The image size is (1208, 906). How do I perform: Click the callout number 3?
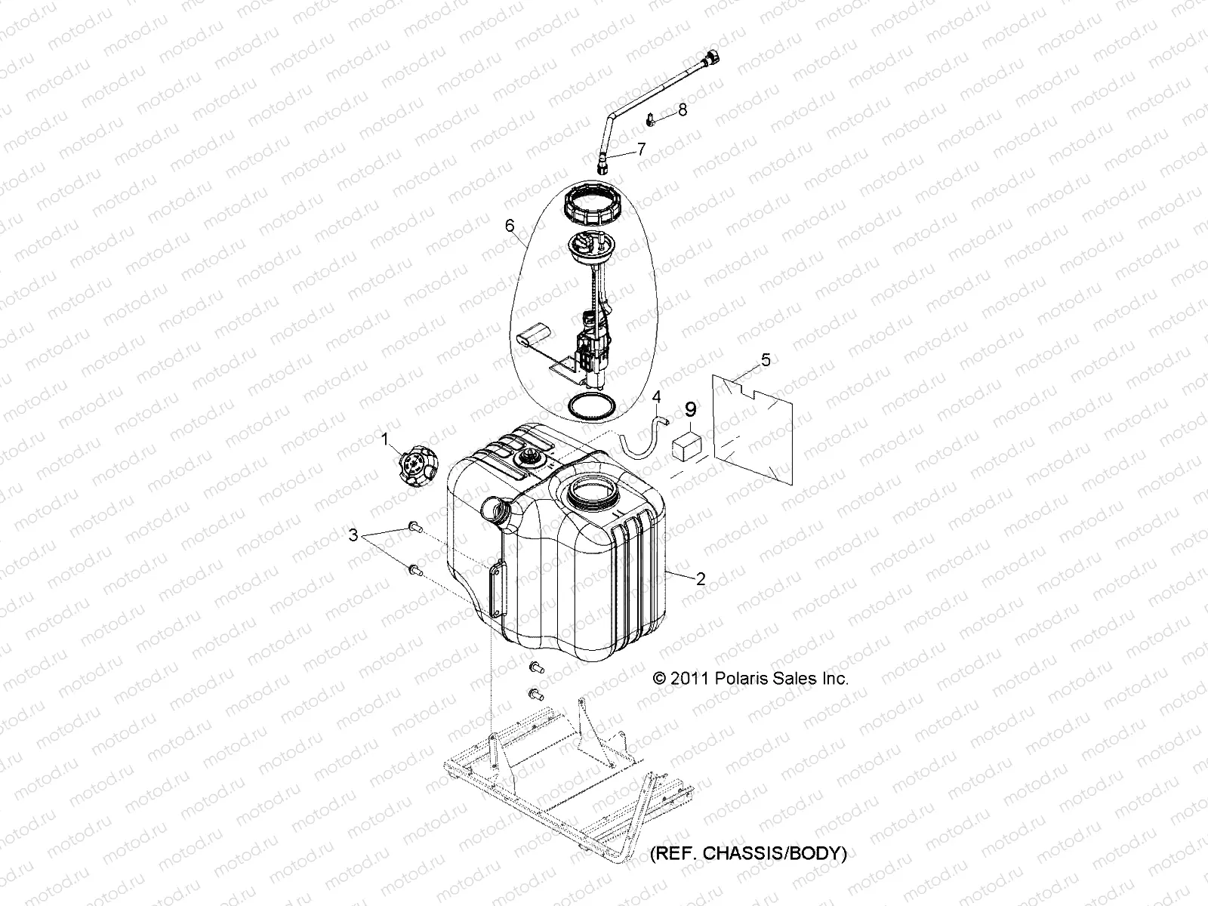click(x=353, y=535)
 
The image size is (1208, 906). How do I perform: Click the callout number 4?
click(x=656, y=396)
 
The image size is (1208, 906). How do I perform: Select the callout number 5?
click(x=765, y=360)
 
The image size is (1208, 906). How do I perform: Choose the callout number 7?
click(x=641, y=149)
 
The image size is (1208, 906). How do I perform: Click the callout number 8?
click(x=682, y=110)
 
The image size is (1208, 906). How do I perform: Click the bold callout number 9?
click(x=691, y=410)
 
